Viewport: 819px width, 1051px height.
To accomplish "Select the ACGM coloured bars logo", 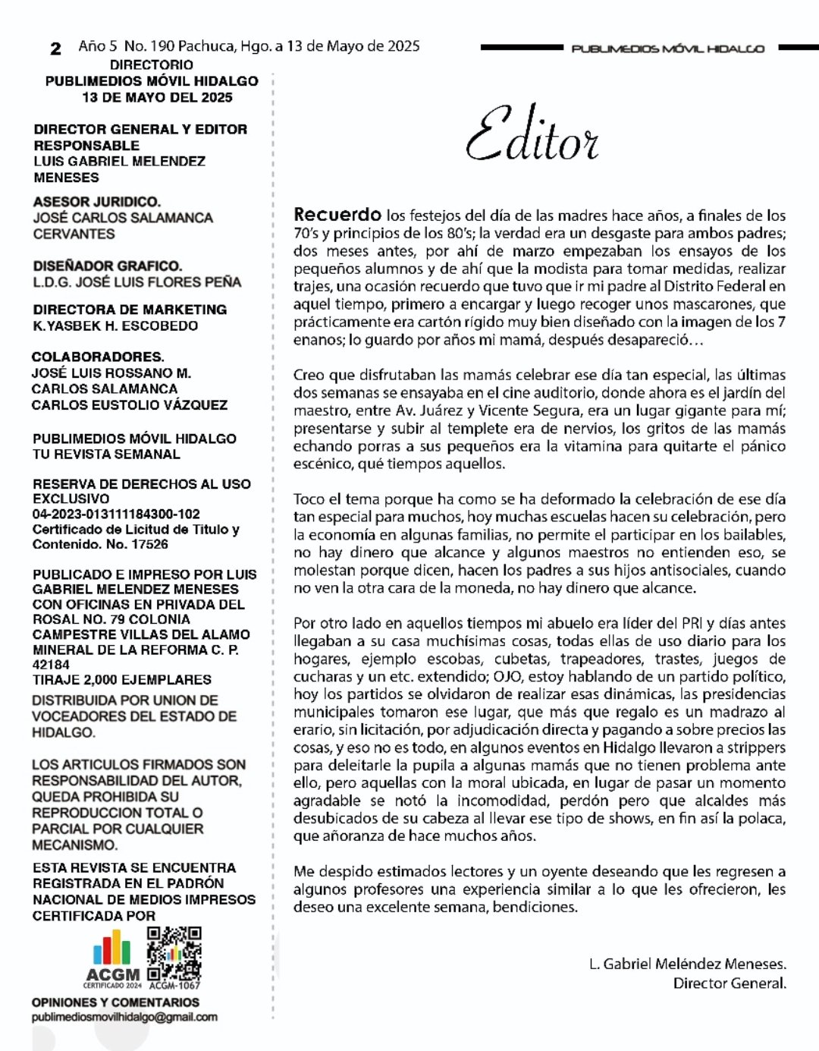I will [111, 949].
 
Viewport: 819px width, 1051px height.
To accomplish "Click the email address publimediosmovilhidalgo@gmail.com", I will [124, 1017].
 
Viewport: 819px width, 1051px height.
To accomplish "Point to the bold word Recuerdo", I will [337, 215].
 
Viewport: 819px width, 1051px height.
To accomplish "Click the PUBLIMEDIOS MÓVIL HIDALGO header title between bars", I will [667, 49].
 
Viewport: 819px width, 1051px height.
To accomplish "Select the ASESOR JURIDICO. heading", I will [97, 202].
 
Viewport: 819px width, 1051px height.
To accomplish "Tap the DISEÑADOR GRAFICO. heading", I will [108, 266].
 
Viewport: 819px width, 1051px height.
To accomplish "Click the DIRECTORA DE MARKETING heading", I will [130, 310].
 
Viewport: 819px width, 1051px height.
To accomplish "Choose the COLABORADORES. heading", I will [98, 357].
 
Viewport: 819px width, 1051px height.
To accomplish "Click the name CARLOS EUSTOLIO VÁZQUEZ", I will [129, 405].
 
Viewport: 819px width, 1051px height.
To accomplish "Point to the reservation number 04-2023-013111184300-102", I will [116, 514].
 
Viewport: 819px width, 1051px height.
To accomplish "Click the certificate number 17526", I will [149, 544].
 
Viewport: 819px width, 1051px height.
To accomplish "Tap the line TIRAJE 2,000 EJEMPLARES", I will [122, 680].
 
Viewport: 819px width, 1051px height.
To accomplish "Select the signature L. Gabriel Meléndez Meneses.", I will [687, 964].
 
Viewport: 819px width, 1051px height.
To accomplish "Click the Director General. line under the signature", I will [730, 983].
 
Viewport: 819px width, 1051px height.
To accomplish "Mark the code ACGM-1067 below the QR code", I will [174, 985].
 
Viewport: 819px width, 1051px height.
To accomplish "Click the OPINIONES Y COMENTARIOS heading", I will [115, 1002].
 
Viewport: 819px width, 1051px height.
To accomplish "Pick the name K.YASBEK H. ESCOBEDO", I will [115, 326].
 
